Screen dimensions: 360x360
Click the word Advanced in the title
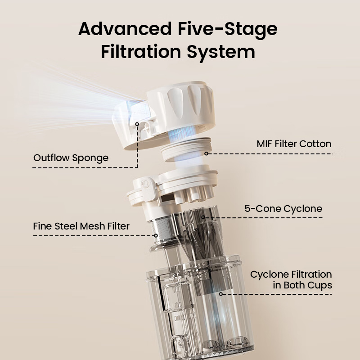125,29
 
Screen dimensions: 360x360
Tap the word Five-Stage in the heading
228,29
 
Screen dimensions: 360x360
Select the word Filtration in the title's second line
141,52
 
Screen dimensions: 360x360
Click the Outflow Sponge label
71,158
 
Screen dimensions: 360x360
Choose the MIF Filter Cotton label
294,144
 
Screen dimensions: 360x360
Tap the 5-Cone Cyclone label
283,209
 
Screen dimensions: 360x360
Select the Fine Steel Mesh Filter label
81,226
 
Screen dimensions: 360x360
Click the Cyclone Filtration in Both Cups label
291,280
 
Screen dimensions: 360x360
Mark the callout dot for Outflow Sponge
137,124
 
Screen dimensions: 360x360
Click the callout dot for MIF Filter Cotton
206,153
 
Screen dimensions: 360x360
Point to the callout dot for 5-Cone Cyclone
203,217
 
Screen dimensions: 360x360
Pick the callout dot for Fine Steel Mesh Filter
156,235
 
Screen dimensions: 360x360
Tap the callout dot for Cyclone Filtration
220,294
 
